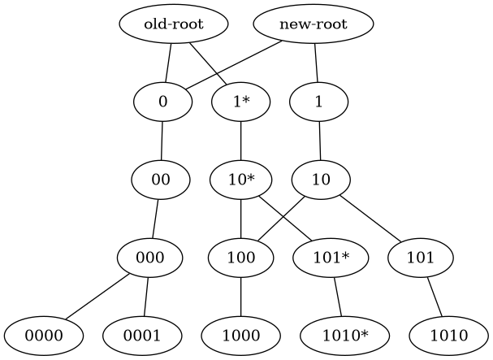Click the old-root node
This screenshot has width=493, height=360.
click(173, 24)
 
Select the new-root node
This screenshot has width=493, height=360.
click(313, 24)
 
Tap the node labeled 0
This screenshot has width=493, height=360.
click(162, 102)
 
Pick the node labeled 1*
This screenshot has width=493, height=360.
click(240, 102)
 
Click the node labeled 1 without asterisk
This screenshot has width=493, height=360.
click(319, 102)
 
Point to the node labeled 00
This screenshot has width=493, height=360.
click(160, 180)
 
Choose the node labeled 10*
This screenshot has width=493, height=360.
click(240, 180)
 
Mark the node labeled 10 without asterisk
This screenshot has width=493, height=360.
click(320, 180)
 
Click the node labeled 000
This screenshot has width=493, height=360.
click(150, 258)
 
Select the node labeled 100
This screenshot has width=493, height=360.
click(240, 258)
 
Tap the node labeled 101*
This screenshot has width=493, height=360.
click(331, 258)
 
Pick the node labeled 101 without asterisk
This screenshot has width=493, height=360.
click(420, 258)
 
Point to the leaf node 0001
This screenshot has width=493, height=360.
click(142, 335)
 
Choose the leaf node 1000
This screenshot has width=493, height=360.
click(240, 335)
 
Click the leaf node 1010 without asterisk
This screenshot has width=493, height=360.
click(448, 335)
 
